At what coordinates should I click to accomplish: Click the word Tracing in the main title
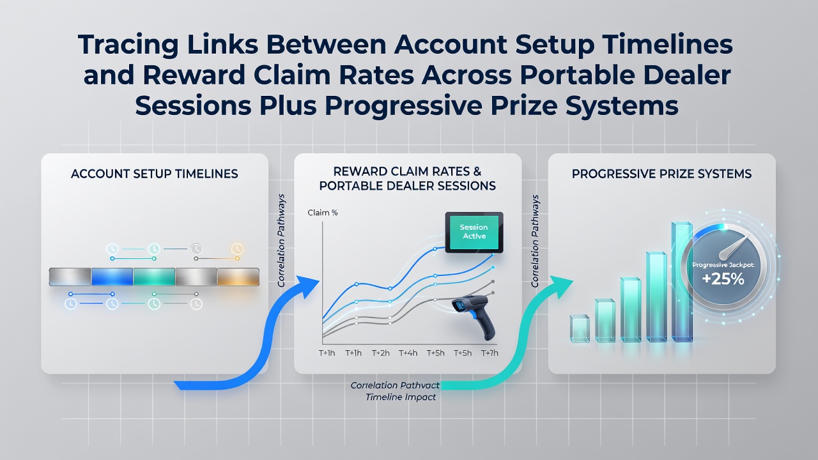coord(128,45)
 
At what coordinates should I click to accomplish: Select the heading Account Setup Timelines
coord(155,174)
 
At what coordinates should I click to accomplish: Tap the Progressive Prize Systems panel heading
coord(661,174)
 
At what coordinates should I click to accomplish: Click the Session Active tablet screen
coord(474,232)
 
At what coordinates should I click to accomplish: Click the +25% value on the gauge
coord(723,279)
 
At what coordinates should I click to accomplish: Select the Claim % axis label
coord(323,213)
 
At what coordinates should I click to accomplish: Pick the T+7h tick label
coord(490,353)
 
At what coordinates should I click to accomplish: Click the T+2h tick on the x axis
coord(380,353)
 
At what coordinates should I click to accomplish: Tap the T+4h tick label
coord(408,353)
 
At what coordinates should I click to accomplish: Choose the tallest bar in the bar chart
coord(682,282)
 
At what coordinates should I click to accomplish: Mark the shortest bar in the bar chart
coord(580,328)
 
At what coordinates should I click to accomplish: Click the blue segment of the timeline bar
coord(112,277)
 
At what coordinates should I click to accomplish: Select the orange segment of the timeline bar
coord(238,277)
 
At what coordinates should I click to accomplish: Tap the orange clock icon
coord(237,249)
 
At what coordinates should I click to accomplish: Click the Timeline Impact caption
coord(401,397)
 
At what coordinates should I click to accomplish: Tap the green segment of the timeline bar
coord(154,277)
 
